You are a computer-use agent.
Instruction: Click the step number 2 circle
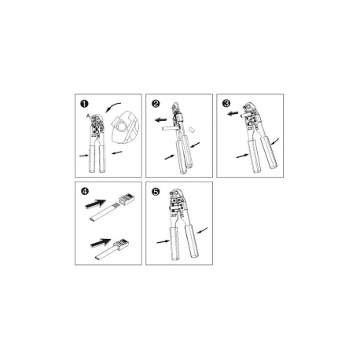pos(157,104)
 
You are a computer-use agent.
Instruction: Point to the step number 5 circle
pos(157,190)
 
